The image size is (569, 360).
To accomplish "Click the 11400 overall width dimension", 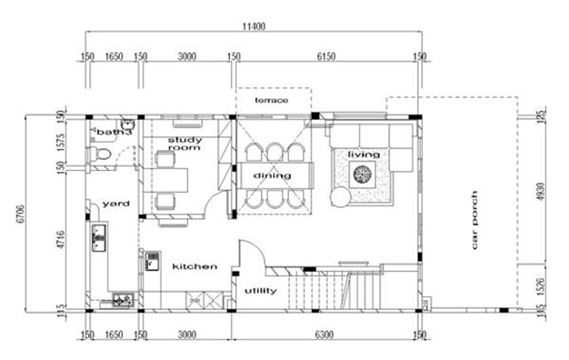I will point(254,27).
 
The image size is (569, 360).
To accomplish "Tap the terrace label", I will point(272,99).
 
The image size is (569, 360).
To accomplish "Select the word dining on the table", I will point(272,175).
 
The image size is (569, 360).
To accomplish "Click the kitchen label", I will point(195,266).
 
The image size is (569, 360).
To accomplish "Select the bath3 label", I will point(114,133).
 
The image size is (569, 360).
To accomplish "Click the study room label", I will point(183,144).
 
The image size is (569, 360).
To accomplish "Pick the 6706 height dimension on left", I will point(11,218).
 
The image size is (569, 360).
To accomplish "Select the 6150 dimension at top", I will point(327,55).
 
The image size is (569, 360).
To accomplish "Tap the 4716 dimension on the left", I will point(60,244).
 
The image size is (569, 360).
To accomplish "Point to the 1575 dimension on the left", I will point(60,141).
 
